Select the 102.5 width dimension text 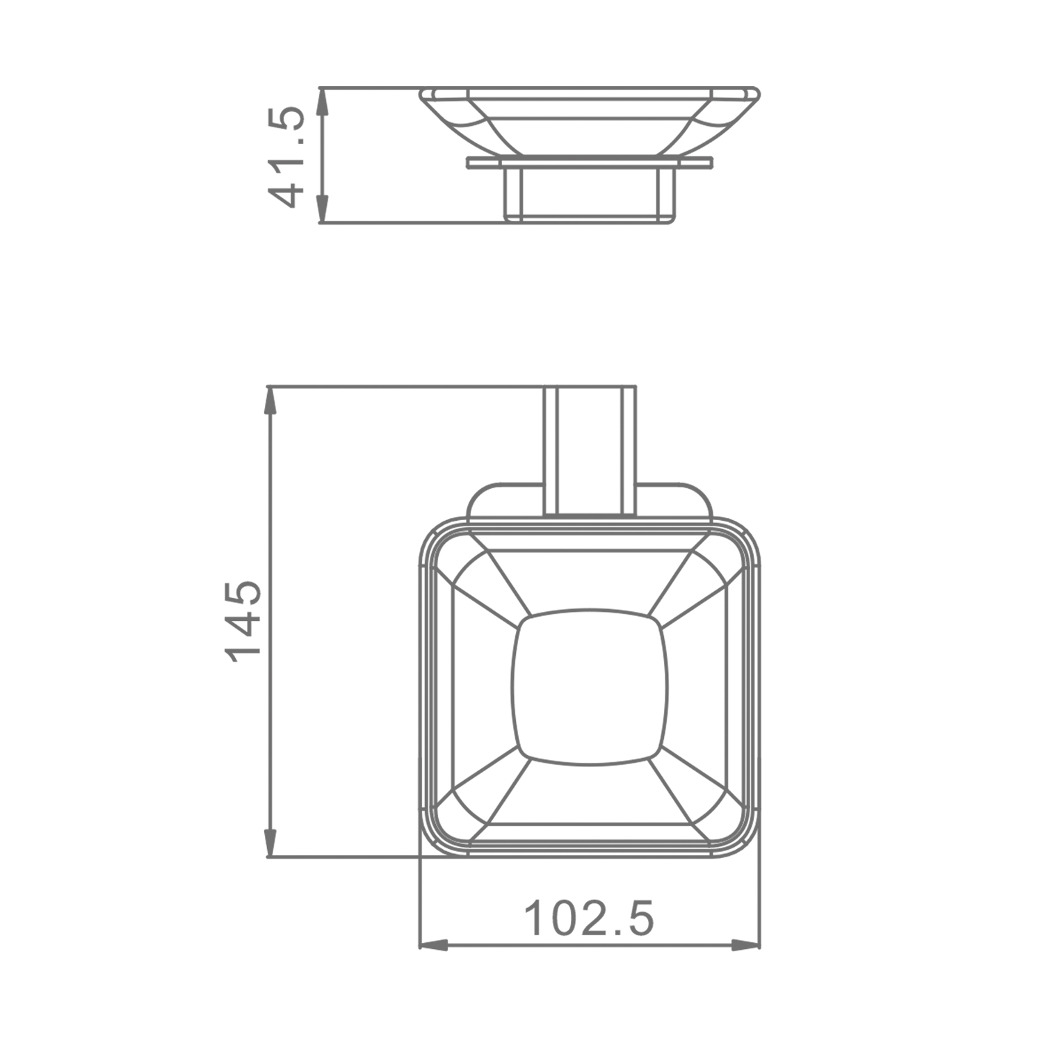[x=588, y=919]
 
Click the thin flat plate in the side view [x=589, y=163]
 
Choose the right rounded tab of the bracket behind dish [x=674, y=501]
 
